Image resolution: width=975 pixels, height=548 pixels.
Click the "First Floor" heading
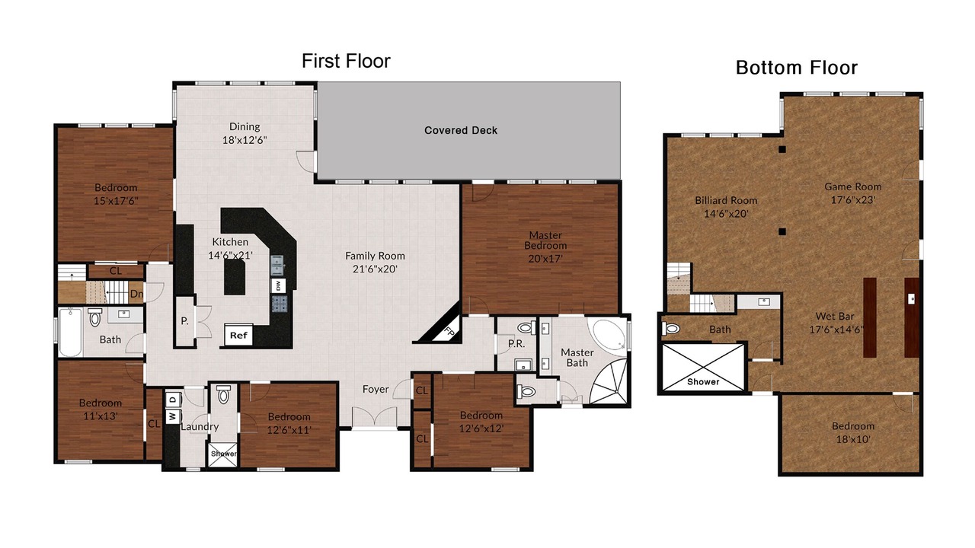click(x=346, y=61)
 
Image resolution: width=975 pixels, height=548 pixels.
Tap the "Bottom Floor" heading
click(x=797, y=68)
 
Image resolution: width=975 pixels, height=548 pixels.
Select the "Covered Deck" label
click(x=461, y=130)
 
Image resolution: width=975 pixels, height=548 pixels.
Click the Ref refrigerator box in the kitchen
click(x=238, y=336)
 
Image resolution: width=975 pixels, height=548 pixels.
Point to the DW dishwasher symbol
click(x=278, y=285)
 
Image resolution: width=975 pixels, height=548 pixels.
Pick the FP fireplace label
click(x=449, y=332)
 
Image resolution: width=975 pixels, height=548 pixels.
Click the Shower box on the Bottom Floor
click(x=702, y=368)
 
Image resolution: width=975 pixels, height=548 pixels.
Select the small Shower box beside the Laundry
click(x=223, y=454)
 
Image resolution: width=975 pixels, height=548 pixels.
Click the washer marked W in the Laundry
click(x=173, y=416)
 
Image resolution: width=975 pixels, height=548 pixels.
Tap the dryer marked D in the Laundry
click(x=173, y=400)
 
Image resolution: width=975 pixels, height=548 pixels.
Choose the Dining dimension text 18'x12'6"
click(x=245, y=140)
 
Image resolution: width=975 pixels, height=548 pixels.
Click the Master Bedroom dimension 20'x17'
click(x=545, y=258)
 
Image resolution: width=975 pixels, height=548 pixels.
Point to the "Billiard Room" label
click(x=726, y=200)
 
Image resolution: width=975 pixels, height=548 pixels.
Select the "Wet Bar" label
click(x=835, y=316)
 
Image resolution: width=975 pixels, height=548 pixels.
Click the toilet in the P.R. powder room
click(x=526, y=327)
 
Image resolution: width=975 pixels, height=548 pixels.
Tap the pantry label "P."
click(x=184, y=321)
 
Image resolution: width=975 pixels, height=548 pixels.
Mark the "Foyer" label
click(x=376, y=389)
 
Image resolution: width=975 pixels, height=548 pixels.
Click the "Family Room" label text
click(x=375, y=256)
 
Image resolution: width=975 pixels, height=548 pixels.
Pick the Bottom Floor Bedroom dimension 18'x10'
click(x=853, y=439)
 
